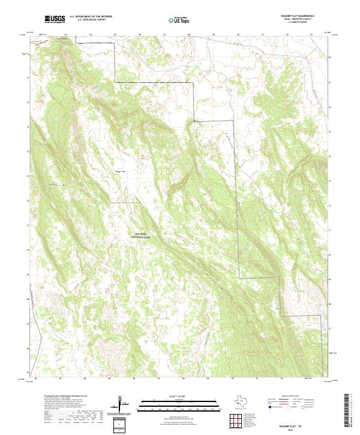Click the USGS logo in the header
click(55, 20)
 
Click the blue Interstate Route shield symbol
click(268, 407)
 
